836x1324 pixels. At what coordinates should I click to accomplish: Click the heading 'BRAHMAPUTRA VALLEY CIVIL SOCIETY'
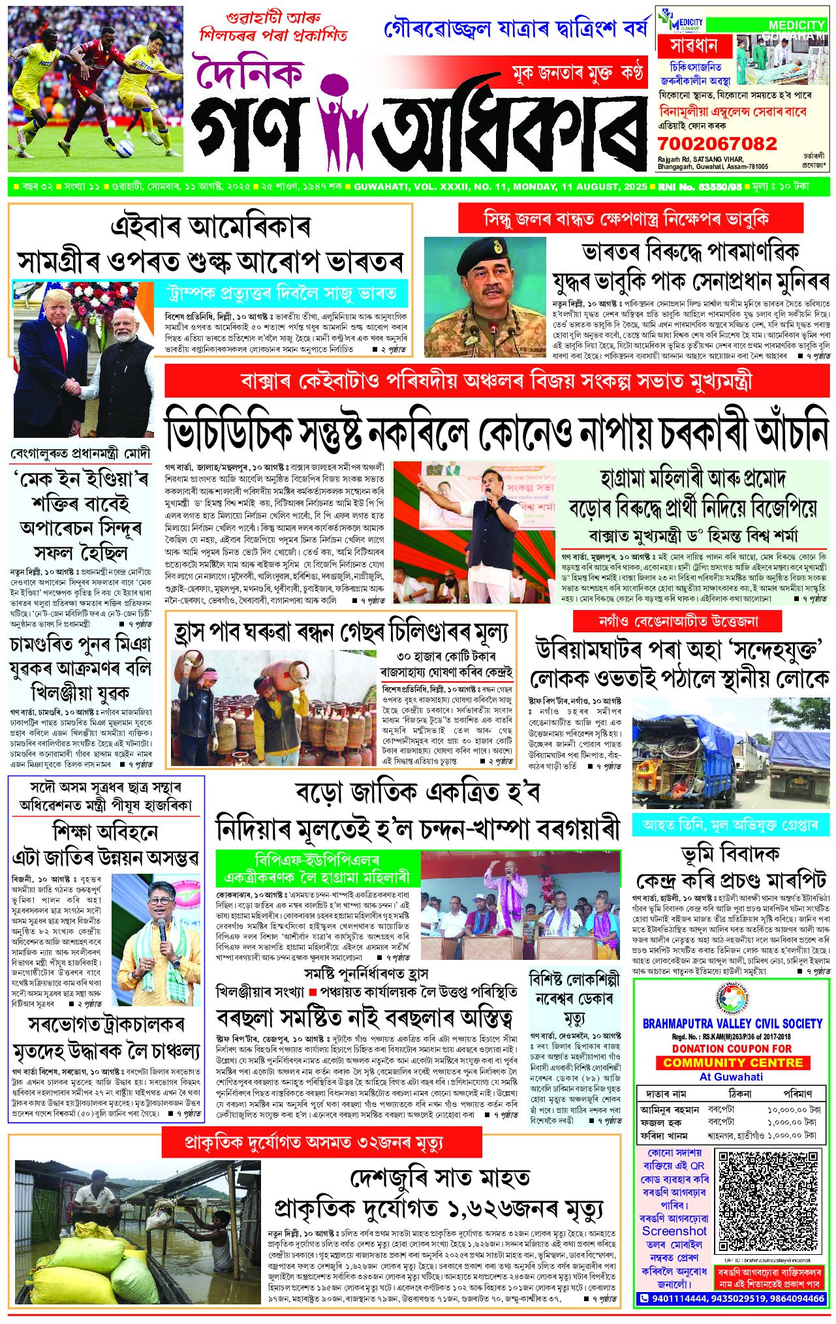732,1023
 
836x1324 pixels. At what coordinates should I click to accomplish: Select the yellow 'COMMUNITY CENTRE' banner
732,1062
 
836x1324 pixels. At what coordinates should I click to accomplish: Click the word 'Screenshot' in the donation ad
674,1230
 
